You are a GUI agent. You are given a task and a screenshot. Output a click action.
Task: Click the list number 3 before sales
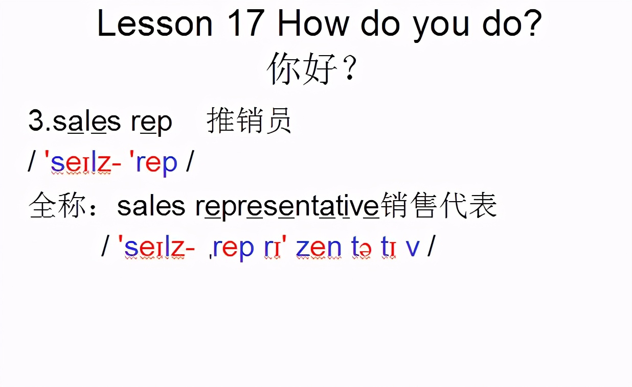[37, 122]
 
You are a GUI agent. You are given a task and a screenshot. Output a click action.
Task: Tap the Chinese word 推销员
[249, 122]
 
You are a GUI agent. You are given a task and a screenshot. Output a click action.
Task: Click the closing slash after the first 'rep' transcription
[190, 163]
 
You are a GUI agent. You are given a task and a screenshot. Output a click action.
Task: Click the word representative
[287, 207]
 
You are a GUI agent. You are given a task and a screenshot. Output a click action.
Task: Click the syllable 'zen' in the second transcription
[318, 248]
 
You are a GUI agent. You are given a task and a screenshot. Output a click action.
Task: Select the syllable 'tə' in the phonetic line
[361, 248]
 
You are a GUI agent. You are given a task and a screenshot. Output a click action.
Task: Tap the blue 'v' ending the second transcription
[412, 248]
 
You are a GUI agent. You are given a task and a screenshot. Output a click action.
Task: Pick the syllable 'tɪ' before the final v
[388, 248]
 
